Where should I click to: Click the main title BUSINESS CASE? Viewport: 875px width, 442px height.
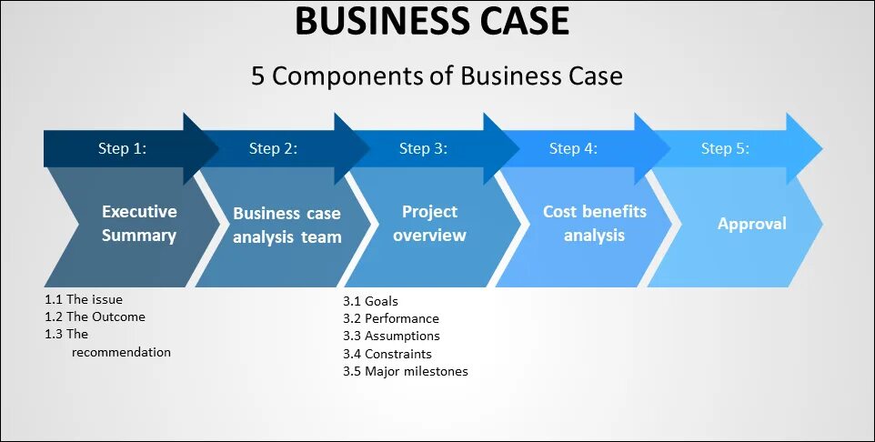click(432, 21)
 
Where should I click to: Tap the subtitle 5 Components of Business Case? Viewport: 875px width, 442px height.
click(437, 75)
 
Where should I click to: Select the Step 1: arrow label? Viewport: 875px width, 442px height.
click(122, 149)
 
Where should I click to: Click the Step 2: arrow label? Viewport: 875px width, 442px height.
click(273, 149)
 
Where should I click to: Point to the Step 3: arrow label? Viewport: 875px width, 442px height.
click(423, 149)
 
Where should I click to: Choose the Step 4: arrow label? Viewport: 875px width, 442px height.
click(573, 149)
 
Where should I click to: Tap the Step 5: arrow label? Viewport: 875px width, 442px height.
click(725, 149)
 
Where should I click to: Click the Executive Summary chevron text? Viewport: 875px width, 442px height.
click(139, 224)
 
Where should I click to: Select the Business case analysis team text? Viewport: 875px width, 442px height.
click(287, 226)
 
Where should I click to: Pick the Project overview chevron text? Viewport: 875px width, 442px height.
click(430, 224)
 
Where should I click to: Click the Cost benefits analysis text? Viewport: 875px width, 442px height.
click(595, 224)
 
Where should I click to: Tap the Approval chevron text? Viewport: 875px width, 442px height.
click(751, 224)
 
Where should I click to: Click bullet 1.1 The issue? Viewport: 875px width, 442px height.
click(84, 299)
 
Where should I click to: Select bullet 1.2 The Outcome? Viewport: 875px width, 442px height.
click(95, 316)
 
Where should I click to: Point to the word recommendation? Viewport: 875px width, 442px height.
click(121, 352)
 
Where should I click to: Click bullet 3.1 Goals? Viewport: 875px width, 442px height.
click(370, 301)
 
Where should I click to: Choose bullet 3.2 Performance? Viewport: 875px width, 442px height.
click(391, 318)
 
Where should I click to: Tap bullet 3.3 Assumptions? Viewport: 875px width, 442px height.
click(391, 336)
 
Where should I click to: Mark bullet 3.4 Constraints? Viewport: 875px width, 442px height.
click(387, 354)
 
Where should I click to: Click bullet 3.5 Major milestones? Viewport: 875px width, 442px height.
click(406, 371)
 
